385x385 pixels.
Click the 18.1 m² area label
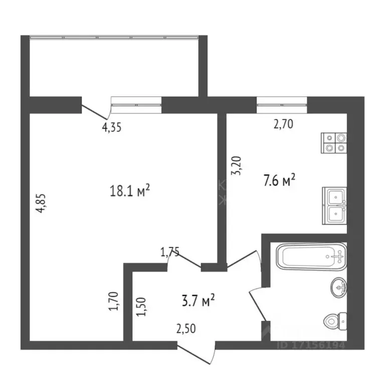(x=130, y=190)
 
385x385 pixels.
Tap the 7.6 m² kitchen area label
(x=279, y=179)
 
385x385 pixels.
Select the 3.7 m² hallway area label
(x=198, y=301)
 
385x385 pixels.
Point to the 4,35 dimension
(x=112, y=127)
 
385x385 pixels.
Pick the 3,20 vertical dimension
(x=239, y=165)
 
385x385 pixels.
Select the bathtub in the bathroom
(x=311, y=257)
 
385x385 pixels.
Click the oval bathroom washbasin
(x=338, y=287)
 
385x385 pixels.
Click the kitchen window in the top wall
(x=282, y=104)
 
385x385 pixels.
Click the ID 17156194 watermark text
(x=311, y=345)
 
